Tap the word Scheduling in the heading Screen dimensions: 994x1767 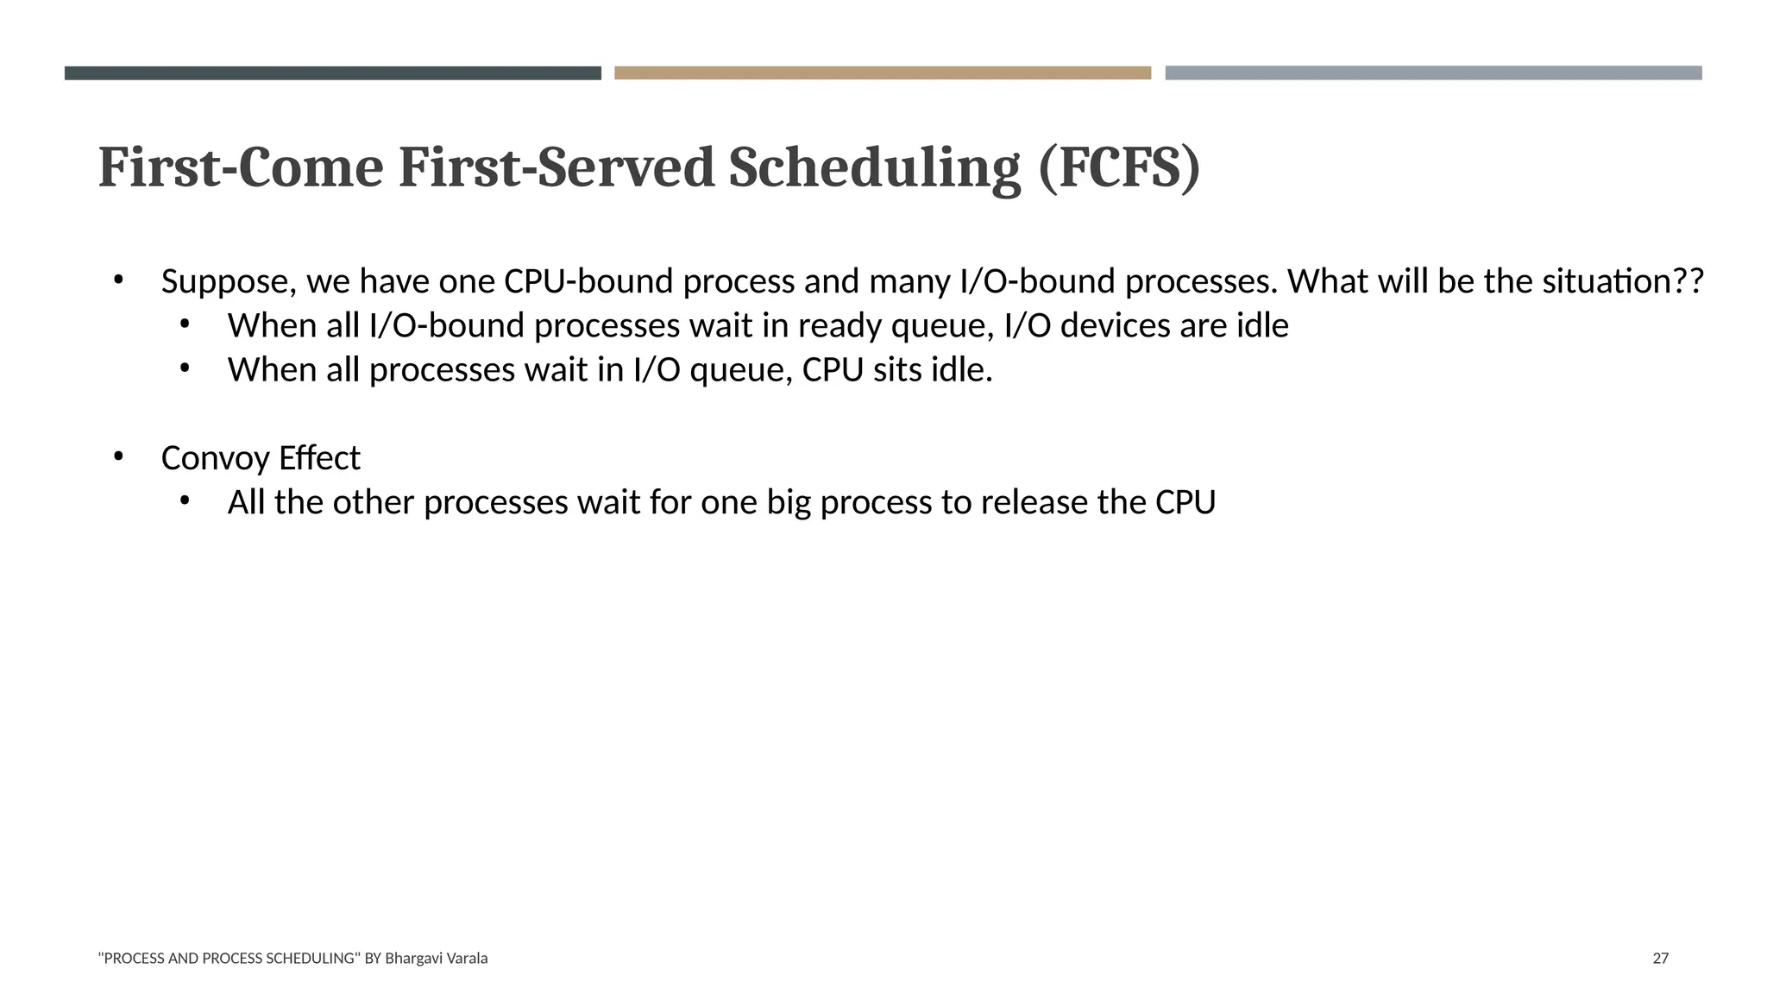click(x=874, y=167)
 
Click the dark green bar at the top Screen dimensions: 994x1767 click(x=332, y=73)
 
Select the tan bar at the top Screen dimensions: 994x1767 click(x=882, y=73)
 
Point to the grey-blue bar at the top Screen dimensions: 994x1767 click(x=1433, y=73)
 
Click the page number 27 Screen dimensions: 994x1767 click(x=1660, y=958)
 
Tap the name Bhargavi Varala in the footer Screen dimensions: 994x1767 click(x=436, y=958)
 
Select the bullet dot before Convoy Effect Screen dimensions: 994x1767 click(x=119, y=456)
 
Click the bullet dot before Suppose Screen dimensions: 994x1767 click(x=119, y=280)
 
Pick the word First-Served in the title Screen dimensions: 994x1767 click(x=556, y=167)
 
